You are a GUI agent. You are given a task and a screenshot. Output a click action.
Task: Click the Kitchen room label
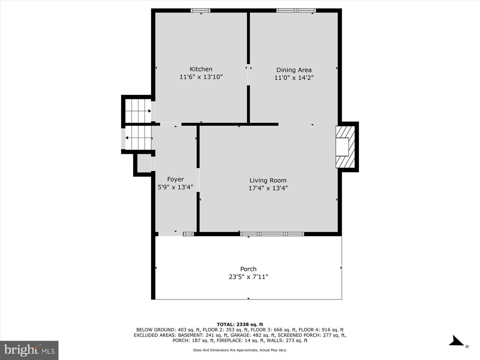click(x=201, y=69)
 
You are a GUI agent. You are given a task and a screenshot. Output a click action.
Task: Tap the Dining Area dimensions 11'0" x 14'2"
click(x=294, y=78)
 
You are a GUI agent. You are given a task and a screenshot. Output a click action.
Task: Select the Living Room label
click(x=268, y=180)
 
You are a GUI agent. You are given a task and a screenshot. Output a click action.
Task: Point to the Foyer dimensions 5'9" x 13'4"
click(x=175, y=187)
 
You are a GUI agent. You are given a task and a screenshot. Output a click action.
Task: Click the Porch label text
click(x=248, y=269)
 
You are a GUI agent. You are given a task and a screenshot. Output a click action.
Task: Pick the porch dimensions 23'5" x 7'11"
click(x=248, y=277)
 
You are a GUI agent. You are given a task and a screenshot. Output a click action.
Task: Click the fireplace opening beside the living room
click(x=342, y=147)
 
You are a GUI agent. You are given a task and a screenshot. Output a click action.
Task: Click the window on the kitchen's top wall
click(x=200, y=10)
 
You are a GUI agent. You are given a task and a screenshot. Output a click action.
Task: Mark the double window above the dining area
click(x=296, y=10)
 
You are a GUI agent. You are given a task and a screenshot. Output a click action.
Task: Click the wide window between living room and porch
click(x=272, y=234)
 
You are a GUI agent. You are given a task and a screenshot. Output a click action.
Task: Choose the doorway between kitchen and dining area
click(x=248, y=75)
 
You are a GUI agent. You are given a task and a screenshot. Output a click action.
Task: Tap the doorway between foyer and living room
click(x=198, y=180)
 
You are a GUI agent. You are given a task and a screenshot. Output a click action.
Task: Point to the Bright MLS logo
click(x=29, y=350)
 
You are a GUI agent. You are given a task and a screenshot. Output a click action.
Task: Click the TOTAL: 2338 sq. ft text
click(x=240, y=324)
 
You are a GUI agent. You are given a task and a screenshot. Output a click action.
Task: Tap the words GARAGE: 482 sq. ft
click(x=256, y=335)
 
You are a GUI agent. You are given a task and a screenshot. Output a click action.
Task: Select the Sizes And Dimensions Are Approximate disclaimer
click(x=240, y=350)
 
